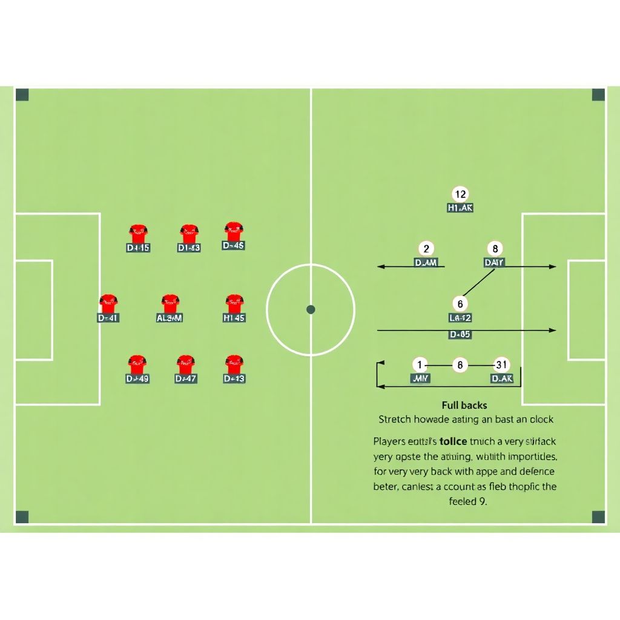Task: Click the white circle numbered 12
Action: tap(460, 194)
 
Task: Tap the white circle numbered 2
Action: tap(426, 249)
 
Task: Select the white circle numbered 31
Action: tap(501, 365)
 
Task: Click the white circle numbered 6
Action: tap(460, 304)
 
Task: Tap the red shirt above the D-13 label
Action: tap(234, 364)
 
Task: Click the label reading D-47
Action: tap(185, 379)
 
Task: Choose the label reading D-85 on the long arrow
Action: tap(460, 334)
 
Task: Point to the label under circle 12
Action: tap(460, 208)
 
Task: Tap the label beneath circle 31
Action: tap(502, 379)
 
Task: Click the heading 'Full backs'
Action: tap(464, 405)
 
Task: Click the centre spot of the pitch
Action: tap(311, 309)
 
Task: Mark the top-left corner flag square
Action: tap(22, 94)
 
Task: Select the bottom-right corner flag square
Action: tap(598, 517)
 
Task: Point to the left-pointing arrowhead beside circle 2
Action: tap(381, 266)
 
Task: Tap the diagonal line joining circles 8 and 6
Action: tap(478, 284)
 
